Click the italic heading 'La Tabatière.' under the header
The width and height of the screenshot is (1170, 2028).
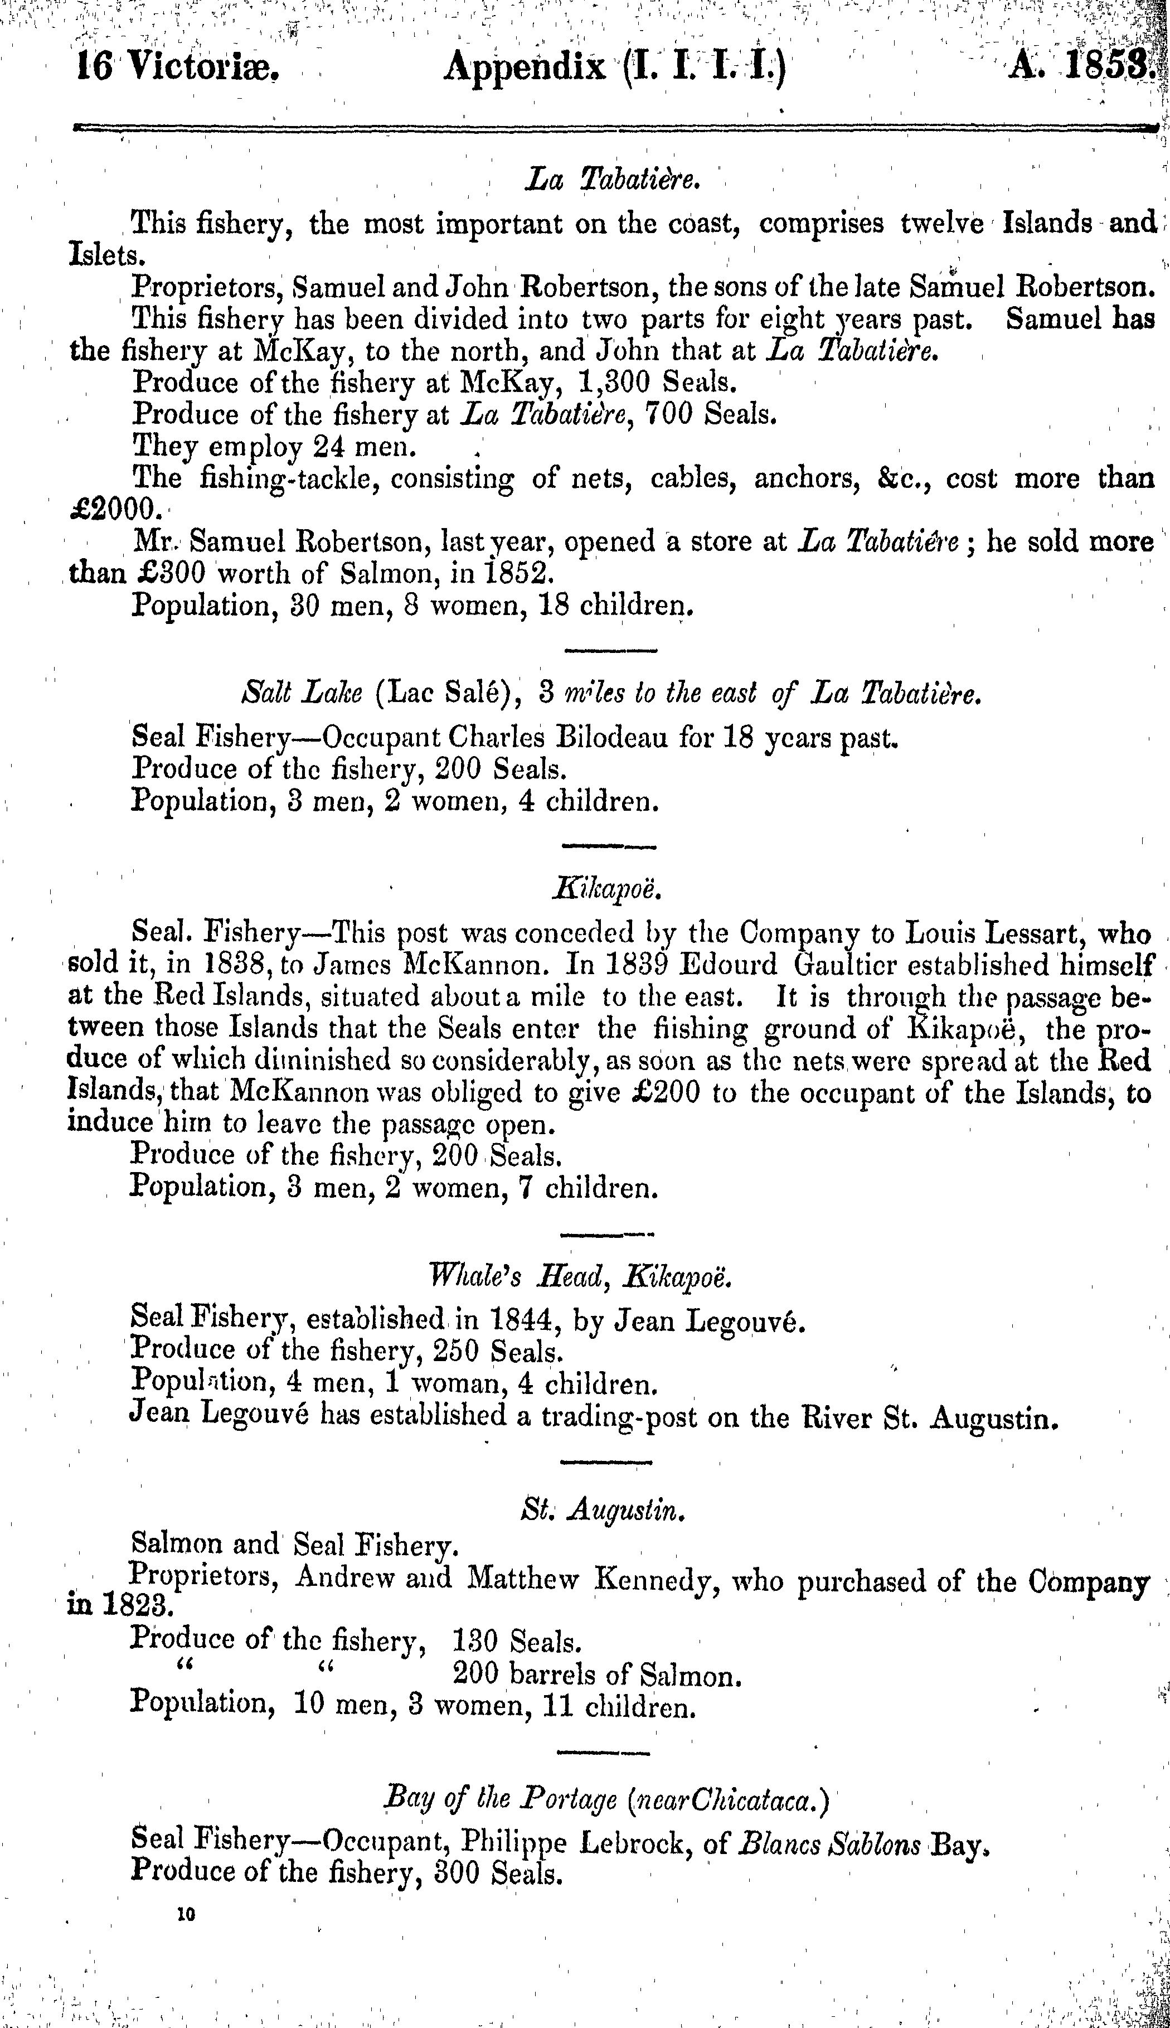click(614, 181)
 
